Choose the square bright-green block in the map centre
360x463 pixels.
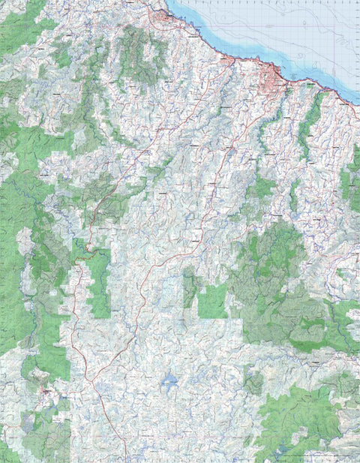[212, 301]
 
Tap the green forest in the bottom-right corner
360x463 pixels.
[307, 420]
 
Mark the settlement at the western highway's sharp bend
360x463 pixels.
[89, 248]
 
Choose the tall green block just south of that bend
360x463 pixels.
[99, 281]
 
